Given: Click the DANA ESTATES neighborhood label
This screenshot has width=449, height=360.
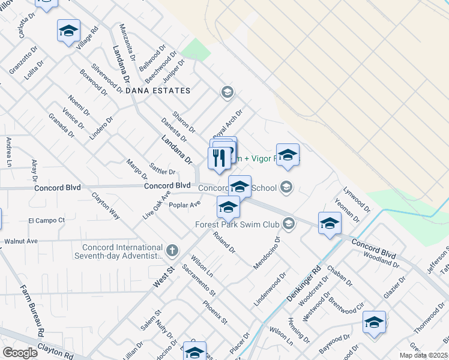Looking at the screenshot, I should click(x=158, y=91).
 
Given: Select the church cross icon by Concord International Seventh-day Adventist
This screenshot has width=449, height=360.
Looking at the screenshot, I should click(x=172, y=250).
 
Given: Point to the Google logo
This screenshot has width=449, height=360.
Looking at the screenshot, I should click(x=20, y=353).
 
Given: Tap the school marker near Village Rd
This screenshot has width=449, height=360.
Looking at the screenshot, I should click(x=69, y=31).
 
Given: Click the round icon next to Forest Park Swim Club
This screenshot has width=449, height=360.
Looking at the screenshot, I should click(x=289, y=224).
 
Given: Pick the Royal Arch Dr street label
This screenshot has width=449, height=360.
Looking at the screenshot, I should click(x=229, y=122).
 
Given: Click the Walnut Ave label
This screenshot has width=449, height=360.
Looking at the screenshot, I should click(x=21, y=241).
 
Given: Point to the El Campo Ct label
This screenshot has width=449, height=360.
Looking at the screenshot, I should click(x=46, y=221).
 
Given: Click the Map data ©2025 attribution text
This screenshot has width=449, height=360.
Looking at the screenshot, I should click(x=423, y=355).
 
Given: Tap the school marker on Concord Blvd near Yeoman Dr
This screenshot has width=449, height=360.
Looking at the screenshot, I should click(x=330, y=224).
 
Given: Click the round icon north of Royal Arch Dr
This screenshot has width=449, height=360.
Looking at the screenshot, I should click(x=227, y=92).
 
